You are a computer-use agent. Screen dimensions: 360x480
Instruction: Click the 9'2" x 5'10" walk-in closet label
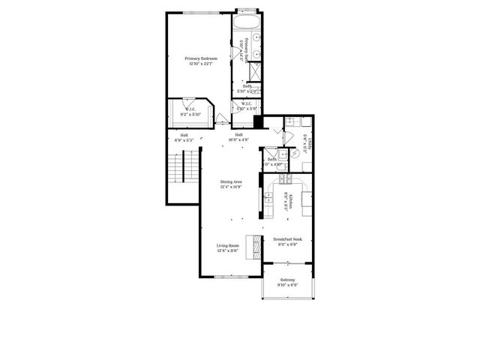pos(190,111)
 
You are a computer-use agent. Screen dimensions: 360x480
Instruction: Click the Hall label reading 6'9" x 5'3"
pos(184,138)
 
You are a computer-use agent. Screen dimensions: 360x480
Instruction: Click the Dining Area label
pos(231,184)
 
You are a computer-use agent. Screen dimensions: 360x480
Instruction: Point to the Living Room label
pos(228,247)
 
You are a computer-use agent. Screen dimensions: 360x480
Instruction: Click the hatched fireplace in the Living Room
pos(256,244)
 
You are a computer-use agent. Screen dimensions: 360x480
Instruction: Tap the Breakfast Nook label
pos(289,242)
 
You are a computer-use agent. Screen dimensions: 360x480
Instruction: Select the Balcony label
pos(287,283)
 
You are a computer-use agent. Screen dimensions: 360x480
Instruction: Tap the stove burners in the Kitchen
pos(285,181)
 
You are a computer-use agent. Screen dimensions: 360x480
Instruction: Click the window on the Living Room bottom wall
pos(228,277)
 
